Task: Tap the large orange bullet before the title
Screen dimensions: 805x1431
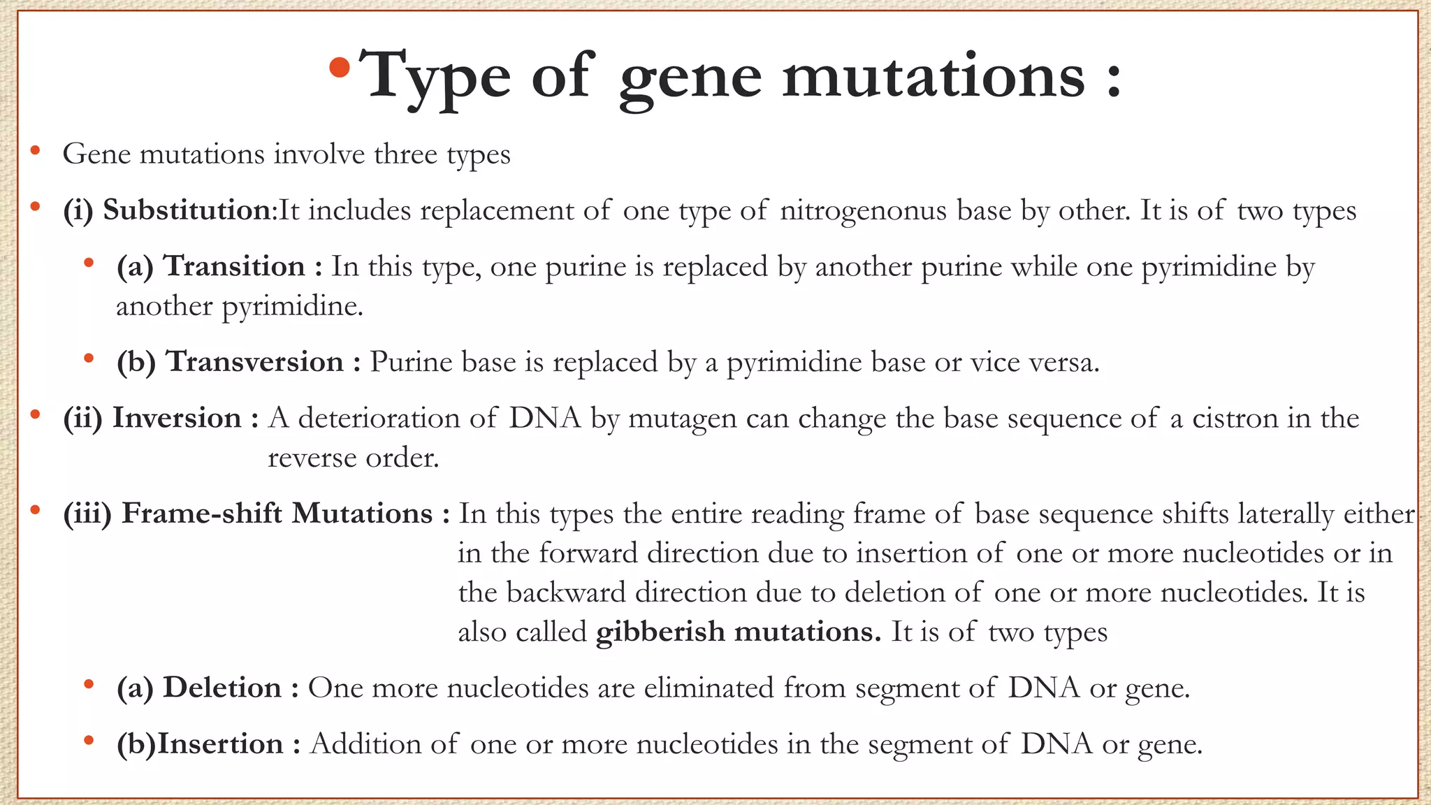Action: [x=340, y=68]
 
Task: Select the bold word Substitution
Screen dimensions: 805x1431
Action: [x=187, y=210]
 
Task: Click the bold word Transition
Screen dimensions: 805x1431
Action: [x=234, y=266]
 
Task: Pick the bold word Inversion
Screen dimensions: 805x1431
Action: [x=177, y=418]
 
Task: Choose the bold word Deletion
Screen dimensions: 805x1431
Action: [x=222, y=688]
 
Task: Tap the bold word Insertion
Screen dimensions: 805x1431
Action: [x=220, y=744]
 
